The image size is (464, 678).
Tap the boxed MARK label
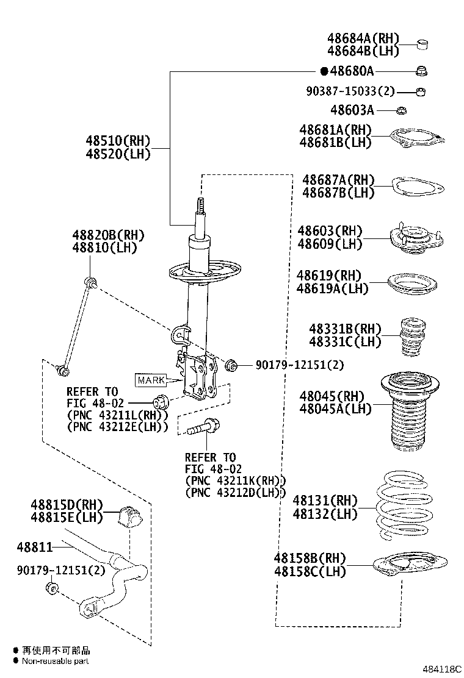(151, 380)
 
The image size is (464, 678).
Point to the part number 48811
(35, 547)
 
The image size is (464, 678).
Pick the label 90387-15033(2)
(350, 91)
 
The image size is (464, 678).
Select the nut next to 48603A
(401, 110)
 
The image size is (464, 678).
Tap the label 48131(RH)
(325, 501)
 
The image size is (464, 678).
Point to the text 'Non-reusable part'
(56, 661)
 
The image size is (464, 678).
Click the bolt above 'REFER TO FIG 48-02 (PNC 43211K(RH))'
(202, 427)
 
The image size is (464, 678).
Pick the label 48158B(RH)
(310, 558)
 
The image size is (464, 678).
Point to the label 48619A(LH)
(333, 289)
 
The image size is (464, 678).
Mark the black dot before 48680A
(324, 71)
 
